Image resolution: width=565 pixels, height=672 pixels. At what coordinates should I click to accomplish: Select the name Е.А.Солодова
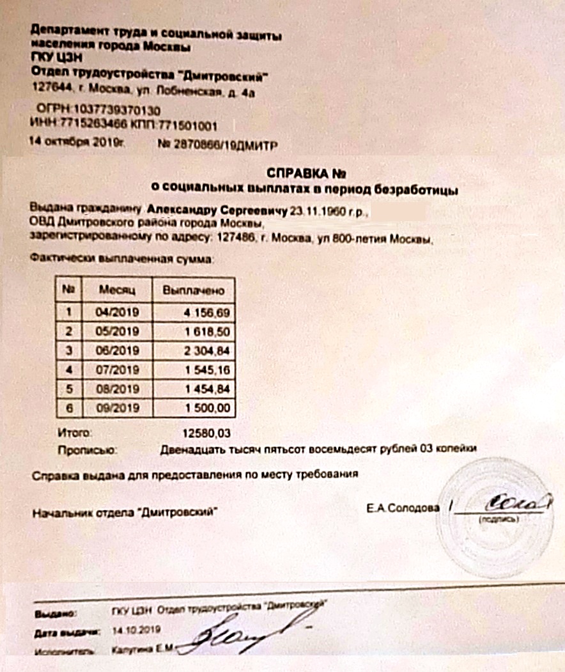[403, 508]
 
